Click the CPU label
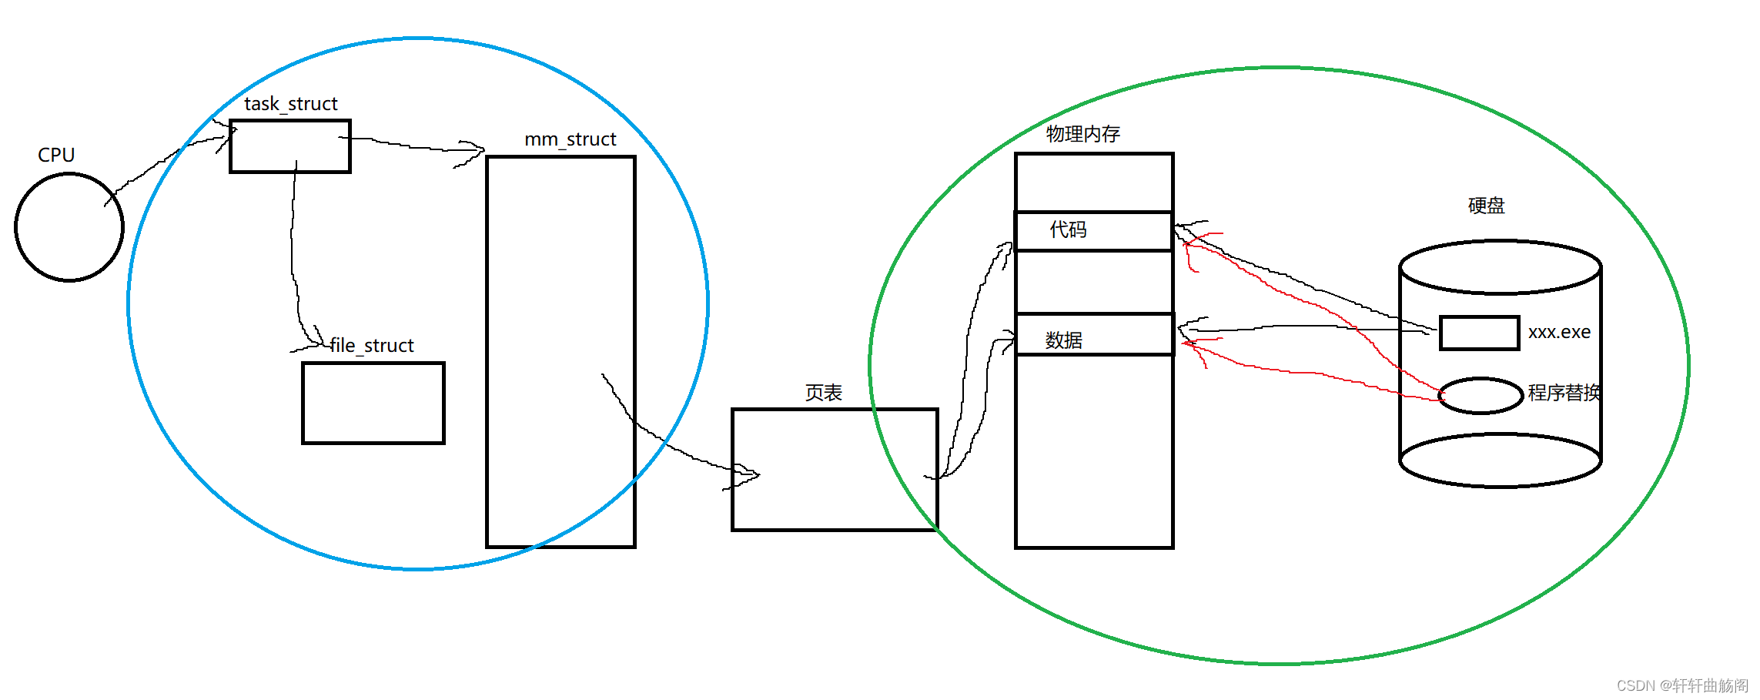[x=56, y=155]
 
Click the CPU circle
[x=69, y=227]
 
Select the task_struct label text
[x=291, y=104]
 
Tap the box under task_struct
[x=290, y=146]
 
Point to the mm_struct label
[x=570, y=139]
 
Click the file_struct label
[x=372, y=346]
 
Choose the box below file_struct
[x=373, y=403]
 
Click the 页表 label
[x=823, y=393]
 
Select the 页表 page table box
[x=834, y=470]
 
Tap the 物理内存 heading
[x=1082, y=134]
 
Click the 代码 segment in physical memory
[x=1093, y=231]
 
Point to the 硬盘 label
[x=1486, y=206]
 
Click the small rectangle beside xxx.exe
[x=1479, y=333]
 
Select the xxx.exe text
[x=1559, y=332]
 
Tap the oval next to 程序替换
[x=1481, y=396]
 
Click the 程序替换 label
[x=1564, y=393]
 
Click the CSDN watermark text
[x=1682, y=685]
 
